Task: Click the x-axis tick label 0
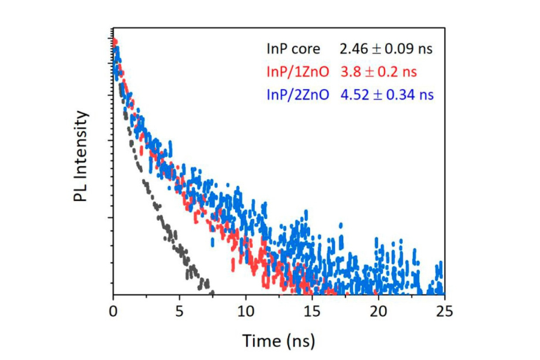[x=113, y=311]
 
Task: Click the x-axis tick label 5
[x=179, y=311]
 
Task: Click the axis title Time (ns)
[x=278, y=340]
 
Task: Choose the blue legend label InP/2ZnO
[x=297, y=95]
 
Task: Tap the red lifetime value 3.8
[x=349, y=72]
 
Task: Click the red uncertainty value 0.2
[x=388, y=72]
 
